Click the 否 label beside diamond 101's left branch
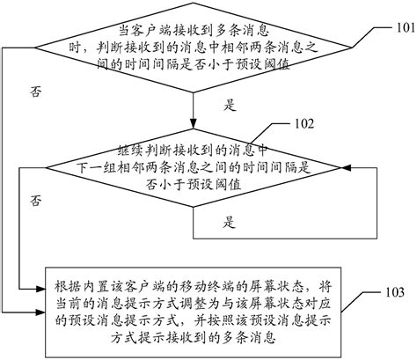35,91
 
